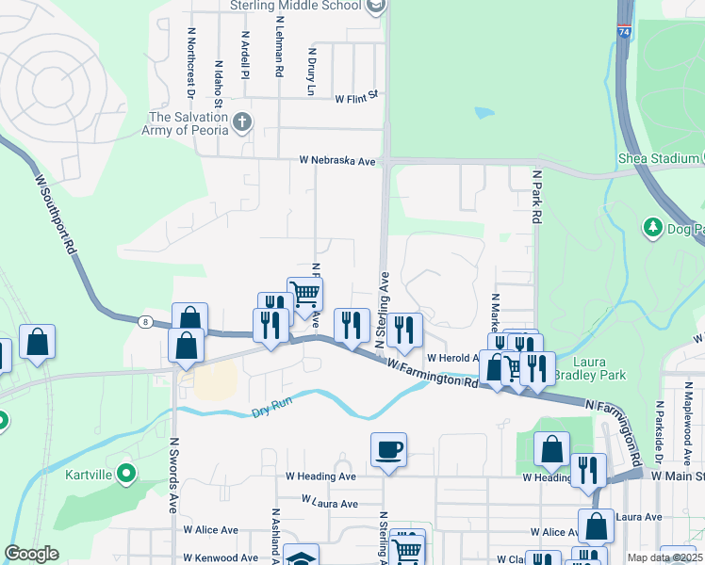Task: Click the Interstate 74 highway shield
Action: (625, 32)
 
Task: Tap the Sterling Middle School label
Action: (295, 6)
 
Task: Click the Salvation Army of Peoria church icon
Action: (242, 121)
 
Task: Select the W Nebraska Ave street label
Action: (337, 161)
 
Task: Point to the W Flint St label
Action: (355, 95)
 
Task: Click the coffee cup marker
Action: (388, 449)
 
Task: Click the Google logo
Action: (31, 554)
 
